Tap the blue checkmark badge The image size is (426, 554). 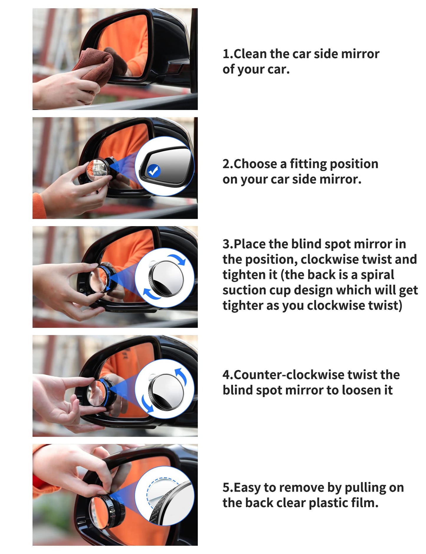pyautogui.click(x=153, y=171)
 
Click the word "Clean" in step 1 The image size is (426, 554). pyautogui.click(x=250, y=54)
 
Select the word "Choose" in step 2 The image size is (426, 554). pyautogui.click(x=255, y=164)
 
